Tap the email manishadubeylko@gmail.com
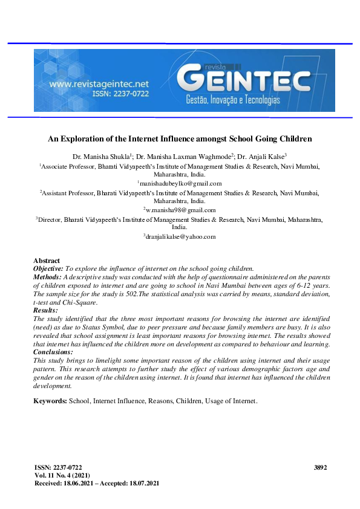click(180, 183)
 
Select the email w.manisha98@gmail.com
click(180, 209)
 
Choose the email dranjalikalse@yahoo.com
click(180, 236)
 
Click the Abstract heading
click(47, 261)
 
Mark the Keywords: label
click(50, 401)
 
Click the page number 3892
click(321, 468)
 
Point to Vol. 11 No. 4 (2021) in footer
click(63, 476)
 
